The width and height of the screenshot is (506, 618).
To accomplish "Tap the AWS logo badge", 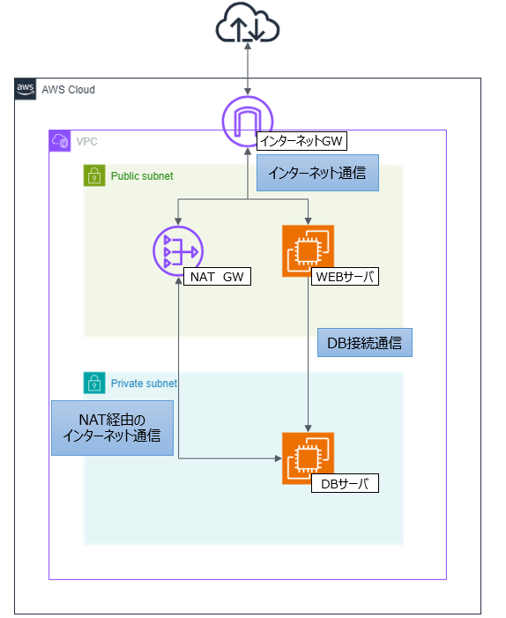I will tap(26, 89).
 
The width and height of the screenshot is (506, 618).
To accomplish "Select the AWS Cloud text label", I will tap(69, 90).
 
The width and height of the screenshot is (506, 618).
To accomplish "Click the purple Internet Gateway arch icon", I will tap(248, 122).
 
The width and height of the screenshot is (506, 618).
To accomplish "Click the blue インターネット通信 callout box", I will tap(317, 174).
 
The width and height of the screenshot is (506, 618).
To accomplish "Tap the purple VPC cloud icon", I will tap(60, 141).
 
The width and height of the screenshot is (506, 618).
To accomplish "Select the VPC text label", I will tap(86, 141).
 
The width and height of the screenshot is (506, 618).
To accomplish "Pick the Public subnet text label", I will tap(142, 176).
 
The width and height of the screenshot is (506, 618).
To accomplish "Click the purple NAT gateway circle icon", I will tap(178, 252).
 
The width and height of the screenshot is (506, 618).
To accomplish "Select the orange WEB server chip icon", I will tap(308, 251).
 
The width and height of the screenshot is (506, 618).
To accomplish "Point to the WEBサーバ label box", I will tap(346, 277).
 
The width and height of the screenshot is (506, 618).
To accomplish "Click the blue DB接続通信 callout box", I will tap(364, 341).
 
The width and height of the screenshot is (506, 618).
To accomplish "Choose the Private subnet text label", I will tap(144, 383).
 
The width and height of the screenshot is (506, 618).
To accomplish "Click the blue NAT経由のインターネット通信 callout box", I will tap(112, 428).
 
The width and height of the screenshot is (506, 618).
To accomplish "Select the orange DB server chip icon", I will tap(308, 458).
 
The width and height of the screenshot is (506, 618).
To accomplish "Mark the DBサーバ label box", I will tap(345, 483).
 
